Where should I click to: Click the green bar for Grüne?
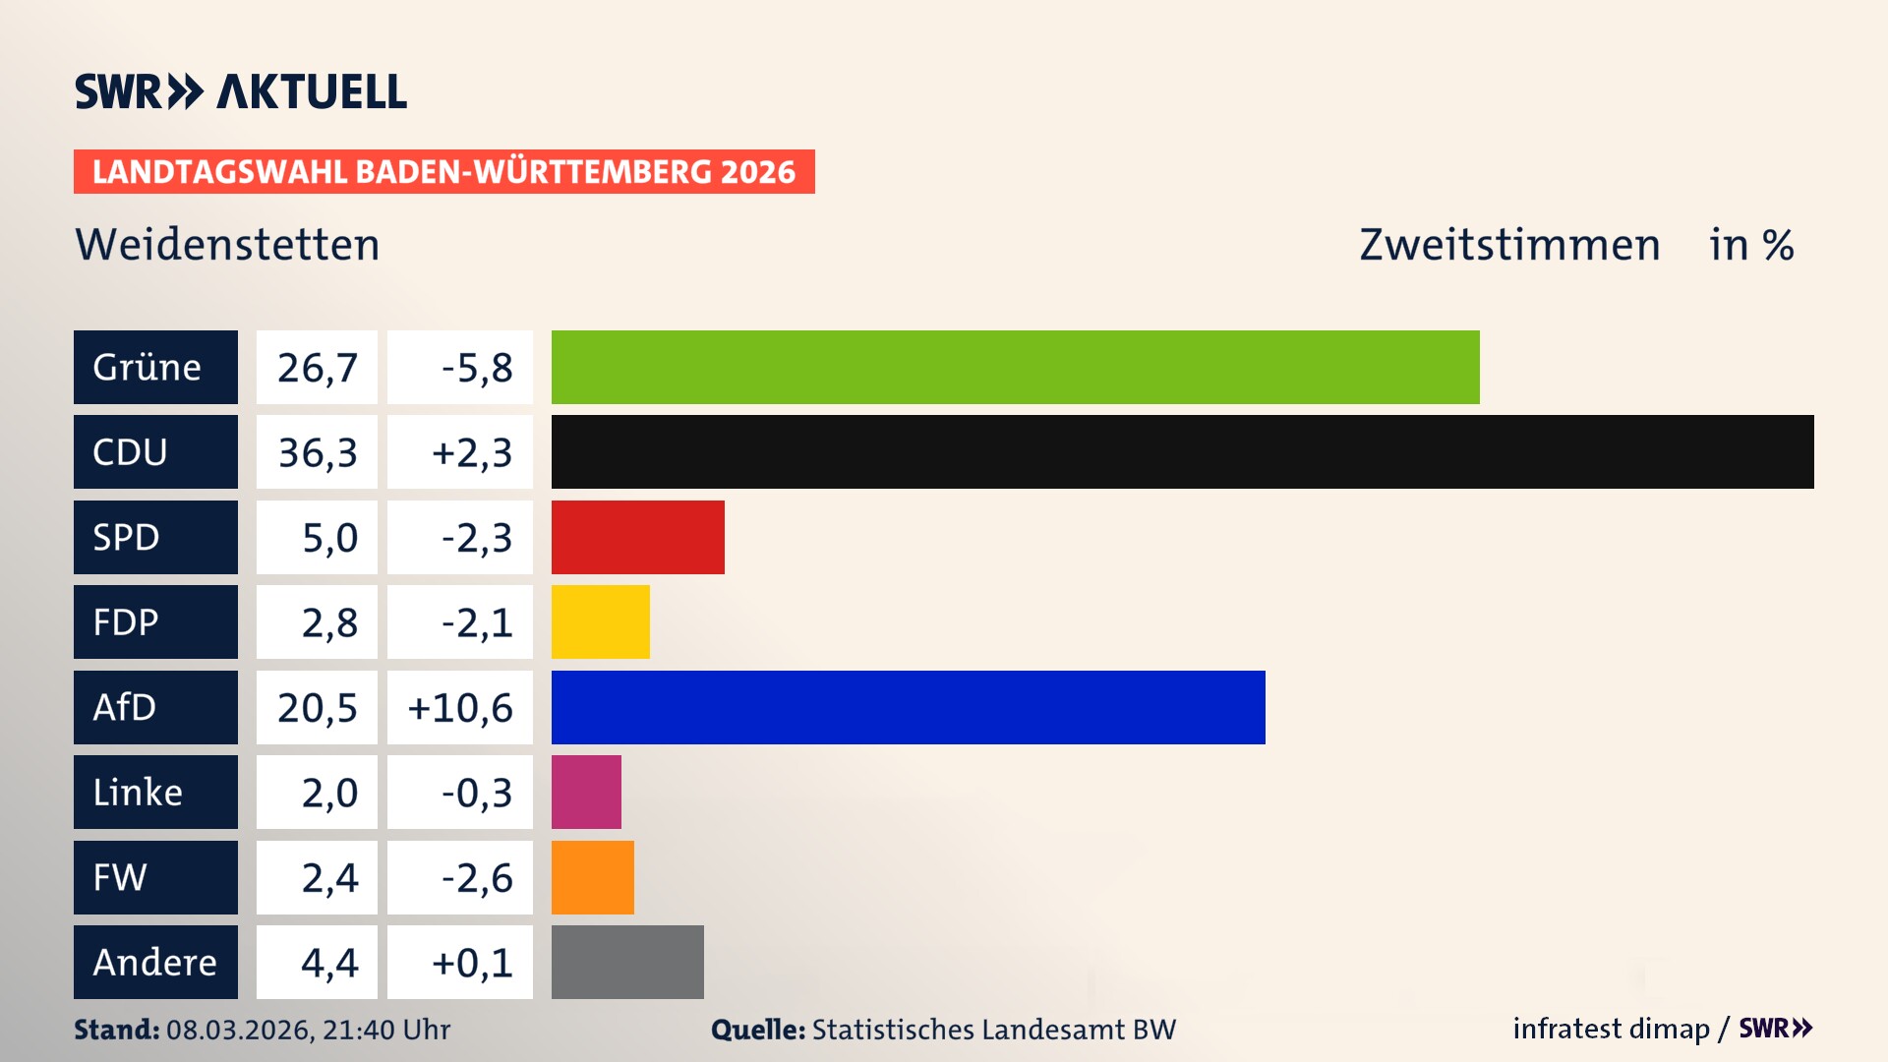point(1015,367)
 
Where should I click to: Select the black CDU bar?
point(1182,451)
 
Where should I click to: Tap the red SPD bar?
point(637,537)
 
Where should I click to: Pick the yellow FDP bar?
point(600,621)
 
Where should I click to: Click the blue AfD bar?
point(908,707)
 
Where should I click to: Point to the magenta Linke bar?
point(586,792)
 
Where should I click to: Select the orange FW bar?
point(592,877)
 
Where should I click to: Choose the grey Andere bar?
point(627,962)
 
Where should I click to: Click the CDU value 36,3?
point(317,452)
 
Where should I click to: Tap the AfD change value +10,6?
point(460,707)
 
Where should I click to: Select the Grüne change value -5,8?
point(477,368)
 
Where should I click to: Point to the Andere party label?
point(155,962)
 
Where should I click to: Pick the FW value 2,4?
point(329,877)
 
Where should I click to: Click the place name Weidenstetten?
point(227,244)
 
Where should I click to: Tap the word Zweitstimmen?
point(1509,244)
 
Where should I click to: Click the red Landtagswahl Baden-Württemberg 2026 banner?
point(443,171)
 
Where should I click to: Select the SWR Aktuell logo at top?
point(241,91)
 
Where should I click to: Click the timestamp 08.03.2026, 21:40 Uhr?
point(308,1030)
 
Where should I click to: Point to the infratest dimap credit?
point(1611,1029)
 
